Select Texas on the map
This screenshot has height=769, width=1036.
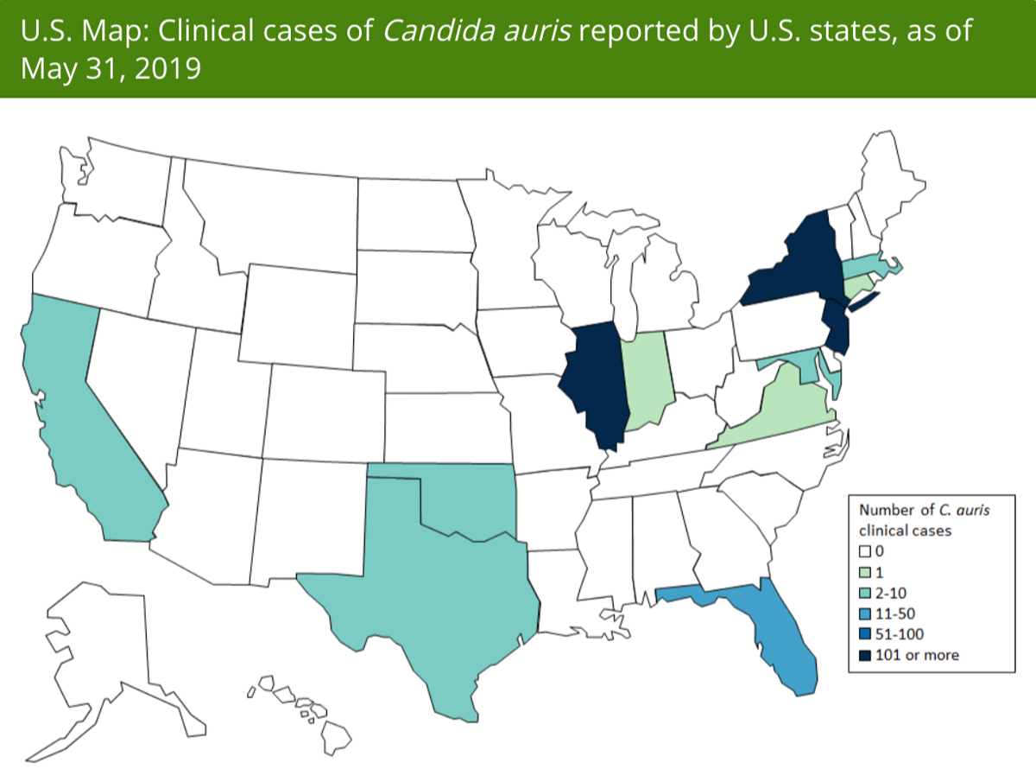(x=432, y=588)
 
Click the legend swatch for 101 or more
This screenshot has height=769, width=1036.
(x=864, y=654)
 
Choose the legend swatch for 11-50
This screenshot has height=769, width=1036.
(x=864, y=613)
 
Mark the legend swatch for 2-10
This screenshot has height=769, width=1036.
(x=864, y=592)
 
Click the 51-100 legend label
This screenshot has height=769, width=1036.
(x=901, y=633)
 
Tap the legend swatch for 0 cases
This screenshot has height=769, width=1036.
(x=864, y=550)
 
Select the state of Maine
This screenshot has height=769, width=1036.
(x=894, y=181)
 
